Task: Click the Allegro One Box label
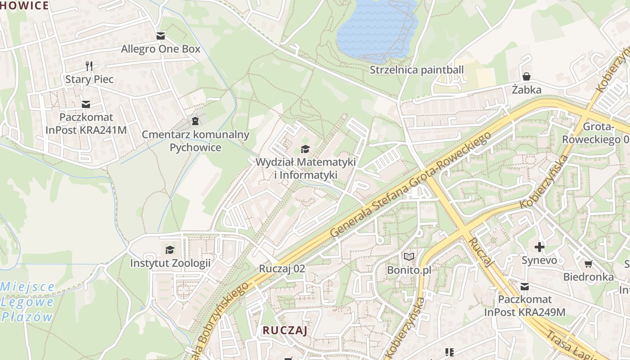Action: (161, 49)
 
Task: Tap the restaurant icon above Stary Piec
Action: (89, 66)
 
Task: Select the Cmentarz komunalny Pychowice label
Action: (195, 141)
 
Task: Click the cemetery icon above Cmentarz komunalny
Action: (195, 121)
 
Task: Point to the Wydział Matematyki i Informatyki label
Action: (306, 168)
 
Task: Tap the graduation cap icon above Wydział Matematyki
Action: (306, 149)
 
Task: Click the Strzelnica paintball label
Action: (416, 70)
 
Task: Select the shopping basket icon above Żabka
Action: (526, 76)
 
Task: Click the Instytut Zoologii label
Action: (170, 263)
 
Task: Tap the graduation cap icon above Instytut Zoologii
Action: (170, 250)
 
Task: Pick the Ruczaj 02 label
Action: (282, 269)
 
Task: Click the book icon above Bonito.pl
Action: (409, 256)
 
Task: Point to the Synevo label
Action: (539, 260)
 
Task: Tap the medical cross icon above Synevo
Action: (539, 247)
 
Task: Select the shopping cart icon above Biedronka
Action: (588, 263)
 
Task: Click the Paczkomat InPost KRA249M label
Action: (525, 306)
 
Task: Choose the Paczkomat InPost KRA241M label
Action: (86, 123)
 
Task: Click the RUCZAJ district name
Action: (285, 330)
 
